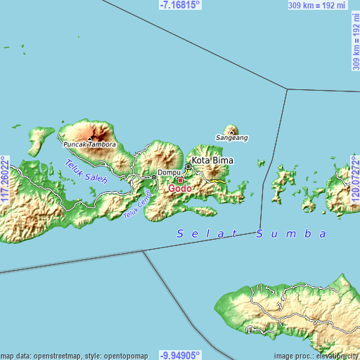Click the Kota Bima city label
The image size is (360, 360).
click(212, 160)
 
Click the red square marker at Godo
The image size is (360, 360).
click(180, 180)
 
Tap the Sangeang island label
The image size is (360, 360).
click(231, 139)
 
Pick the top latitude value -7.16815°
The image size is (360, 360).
click(180, 5)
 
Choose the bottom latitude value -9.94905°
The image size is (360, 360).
click(180, 354)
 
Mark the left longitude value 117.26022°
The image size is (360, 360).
click(5, 181)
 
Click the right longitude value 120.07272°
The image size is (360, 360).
click(355, 181)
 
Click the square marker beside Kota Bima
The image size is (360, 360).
click(188, 167)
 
